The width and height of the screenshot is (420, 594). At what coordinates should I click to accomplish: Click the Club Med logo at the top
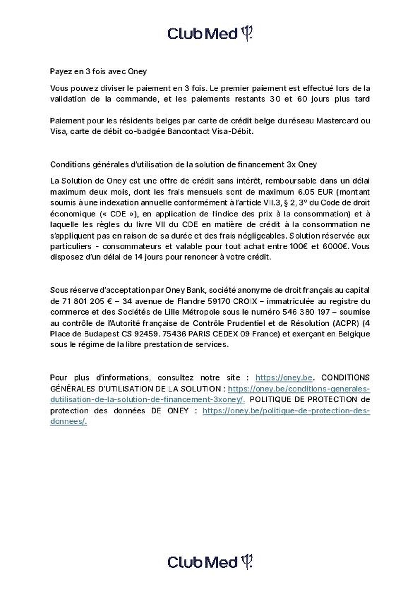[210, 34]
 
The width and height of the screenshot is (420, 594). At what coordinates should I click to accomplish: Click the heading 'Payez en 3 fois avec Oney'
[98, 71]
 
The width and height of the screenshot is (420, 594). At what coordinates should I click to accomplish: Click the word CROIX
[245, 301]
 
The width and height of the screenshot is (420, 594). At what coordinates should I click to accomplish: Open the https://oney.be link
[283, 378]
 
